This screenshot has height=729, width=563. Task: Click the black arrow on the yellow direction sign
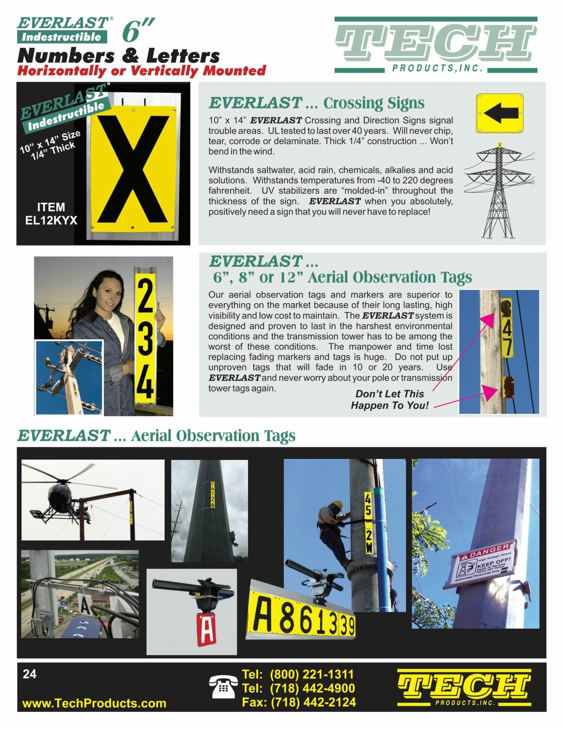(501, 113)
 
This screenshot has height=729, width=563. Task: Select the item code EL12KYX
(51, 220)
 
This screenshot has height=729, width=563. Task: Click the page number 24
(30, 674)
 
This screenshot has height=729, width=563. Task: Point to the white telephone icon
(223, 687)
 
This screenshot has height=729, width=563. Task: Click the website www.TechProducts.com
(94, 703)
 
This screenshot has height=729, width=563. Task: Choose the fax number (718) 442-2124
(313, 702)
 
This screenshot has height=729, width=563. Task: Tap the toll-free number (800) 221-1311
(312, 674)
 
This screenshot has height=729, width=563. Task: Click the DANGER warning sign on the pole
(485, 565)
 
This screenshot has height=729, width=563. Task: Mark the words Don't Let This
(389, 394)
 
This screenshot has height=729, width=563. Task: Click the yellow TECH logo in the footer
(464, 687)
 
